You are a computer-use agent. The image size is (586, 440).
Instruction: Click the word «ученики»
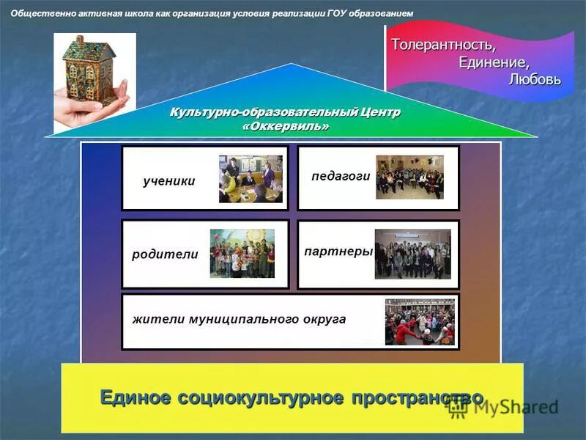click(x=169, y=181)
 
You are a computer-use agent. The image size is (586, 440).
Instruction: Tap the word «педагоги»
click(x=341, y=177)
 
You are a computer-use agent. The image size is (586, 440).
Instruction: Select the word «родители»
click(x=165, y=254)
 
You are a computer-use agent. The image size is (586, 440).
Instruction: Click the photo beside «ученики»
click(x=251, y=179)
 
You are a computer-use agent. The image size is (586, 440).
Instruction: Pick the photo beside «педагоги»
click(x=409, y=177)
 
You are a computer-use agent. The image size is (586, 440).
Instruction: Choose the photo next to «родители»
click(x=242, y=254)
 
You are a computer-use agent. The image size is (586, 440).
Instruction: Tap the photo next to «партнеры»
click(x=412, y=254)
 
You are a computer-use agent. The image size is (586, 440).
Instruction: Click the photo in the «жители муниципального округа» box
click(x=420, y=322)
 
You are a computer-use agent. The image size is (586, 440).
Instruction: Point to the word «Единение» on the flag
click(x=494, y=62)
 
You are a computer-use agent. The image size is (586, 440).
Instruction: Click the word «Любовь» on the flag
click(x=535, y=79)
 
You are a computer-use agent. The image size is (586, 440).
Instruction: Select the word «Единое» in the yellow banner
click(x=135, y=397)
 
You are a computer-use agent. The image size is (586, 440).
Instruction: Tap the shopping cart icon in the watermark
click(x=459, y=408)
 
